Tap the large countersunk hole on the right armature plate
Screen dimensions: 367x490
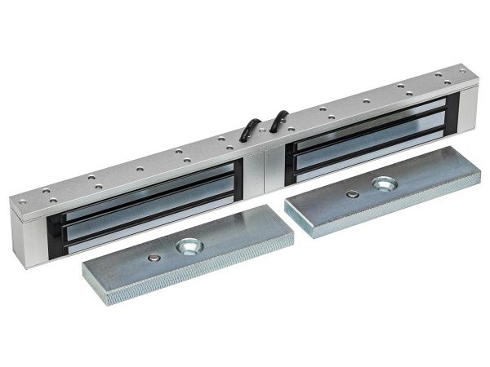click(x=382, y=182)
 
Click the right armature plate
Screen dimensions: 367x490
click(x=372, y=192)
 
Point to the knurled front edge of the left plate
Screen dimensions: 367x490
click(x=196, y=277)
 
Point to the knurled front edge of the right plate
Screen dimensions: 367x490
click(x=384, y=214)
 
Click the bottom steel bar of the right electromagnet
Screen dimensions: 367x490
click(x=367, y=158)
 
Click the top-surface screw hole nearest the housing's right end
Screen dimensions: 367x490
click(x=461, y=72)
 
